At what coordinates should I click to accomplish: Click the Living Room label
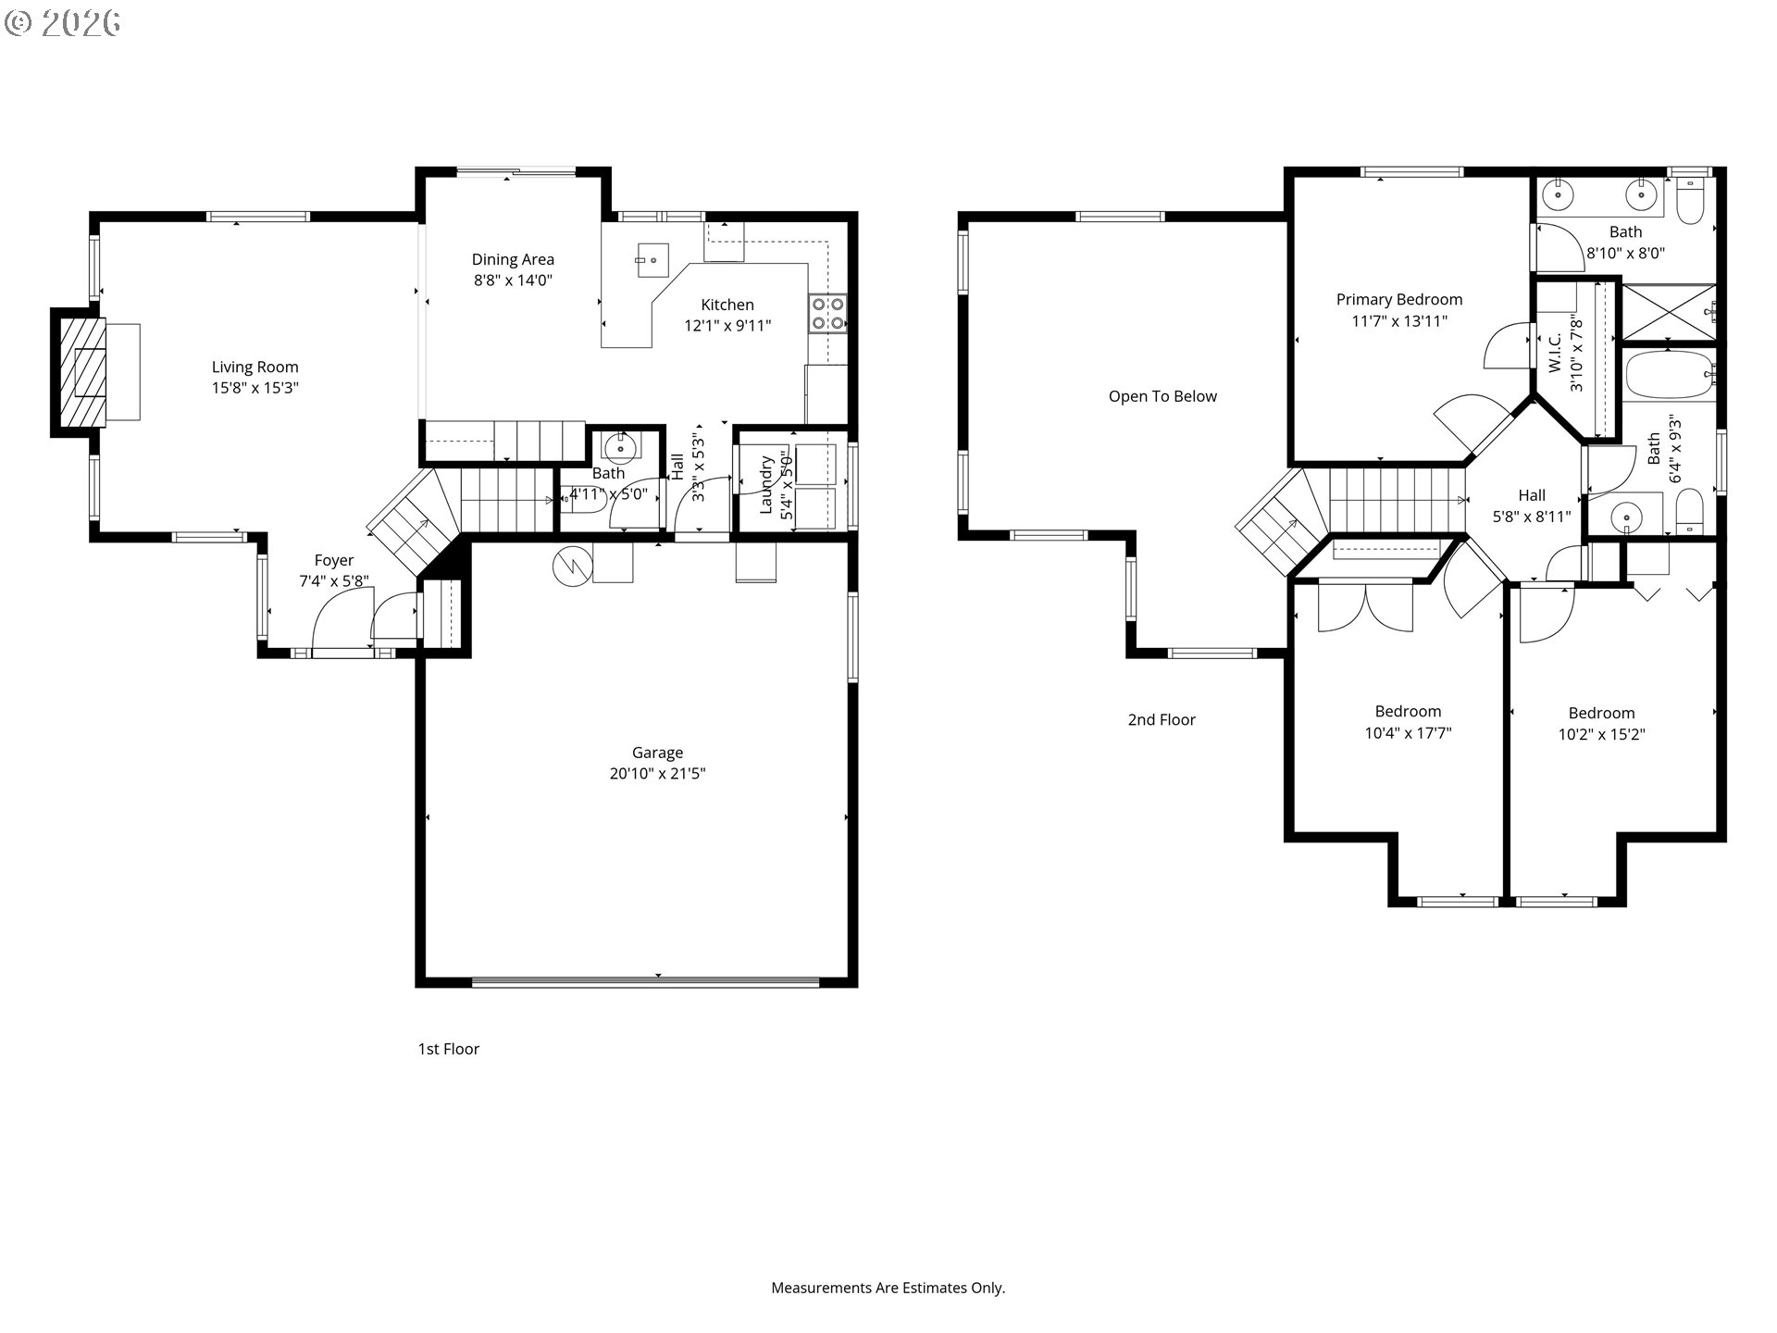point(255,368)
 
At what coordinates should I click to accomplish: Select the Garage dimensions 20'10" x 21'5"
point(657,774)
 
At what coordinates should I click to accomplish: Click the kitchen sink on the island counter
point(652,258)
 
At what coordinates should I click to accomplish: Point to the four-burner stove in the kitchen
point(827,313)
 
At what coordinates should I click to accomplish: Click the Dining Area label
point(513,260)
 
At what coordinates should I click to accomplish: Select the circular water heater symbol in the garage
point(571,567)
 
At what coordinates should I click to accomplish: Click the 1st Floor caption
point(448,1049)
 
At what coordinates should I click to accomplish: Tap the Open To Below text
point(1162,396)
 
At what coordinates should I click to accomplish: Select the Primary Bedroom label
point(1398,300)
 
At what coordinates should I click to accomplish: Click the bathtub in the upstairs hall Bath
point(1670,376)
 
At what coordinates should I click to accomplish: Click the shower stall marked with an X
point(1668,312)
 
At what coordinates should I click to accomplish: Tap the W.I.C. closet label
point(1555,354)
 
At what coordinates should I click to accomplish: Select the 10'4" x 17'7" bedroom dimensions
point(1408,733)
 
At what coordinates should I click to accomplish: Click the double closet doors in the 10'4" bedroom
point(1365,606)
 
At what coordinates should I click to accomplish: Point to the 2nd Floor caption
point(1161,719)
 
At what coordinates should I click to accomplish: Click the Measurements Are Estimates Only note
point(888,1288)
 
